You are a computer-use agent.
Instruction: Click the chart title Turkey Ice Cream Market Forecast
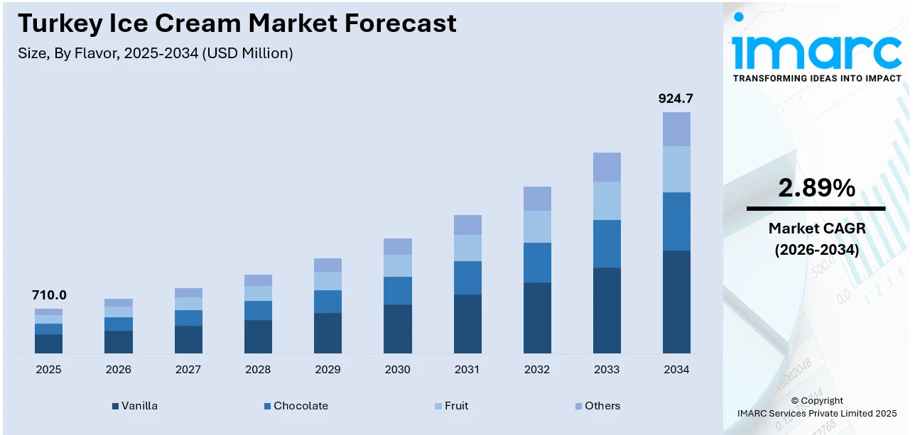pyautogui.click(x=237, y=23)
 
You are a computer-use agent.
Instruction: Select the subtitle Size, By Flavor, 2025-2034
pyautogui.click(x=155, y=53)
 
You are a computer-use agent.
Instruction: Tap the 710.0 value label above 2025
pyautogui.click(x=49, y=295)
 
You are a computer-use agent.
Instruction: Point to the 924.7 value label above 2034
pyautogui.click(x=676, y=99)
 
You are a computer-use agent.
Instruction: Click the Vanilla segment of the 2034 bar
pyautogui.click(x=676, y=302)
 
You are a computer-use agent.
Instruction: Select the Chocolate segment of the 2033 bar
pyautogui.click(x=607, y=243)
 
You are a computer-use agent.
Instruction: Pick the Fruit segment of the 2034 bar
pyautogui.click(x=676, y=169)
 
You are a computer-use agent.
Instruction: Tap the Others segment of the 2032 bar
pyautogui.click(x=537, y=199)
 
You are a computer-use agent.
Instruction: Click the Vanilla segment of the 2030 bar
pyautogui.click(x=397, y=329)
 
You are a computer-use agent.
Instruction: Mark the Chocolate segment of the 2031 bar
pyautogui.click(x=467, y=277)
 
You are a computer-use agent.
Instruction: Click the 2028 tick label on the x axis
pyautogui.click(x=258, y=370)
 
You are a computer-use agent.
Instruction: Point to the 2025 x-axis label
pyautogui.click(x=48, y=370)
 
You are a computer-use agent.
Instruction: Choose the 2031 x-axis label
pyautogui.click(x=467, y=370)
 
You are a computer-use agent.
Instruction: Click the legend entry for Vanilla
pyautogui.click(x=134, y=406)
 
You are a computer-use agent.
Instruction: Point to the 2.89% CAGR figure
pyautogui.click(x=816, y=188)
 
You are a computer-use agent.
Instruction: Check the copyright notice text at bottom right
pyautogui.click(x=816, y=407)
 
